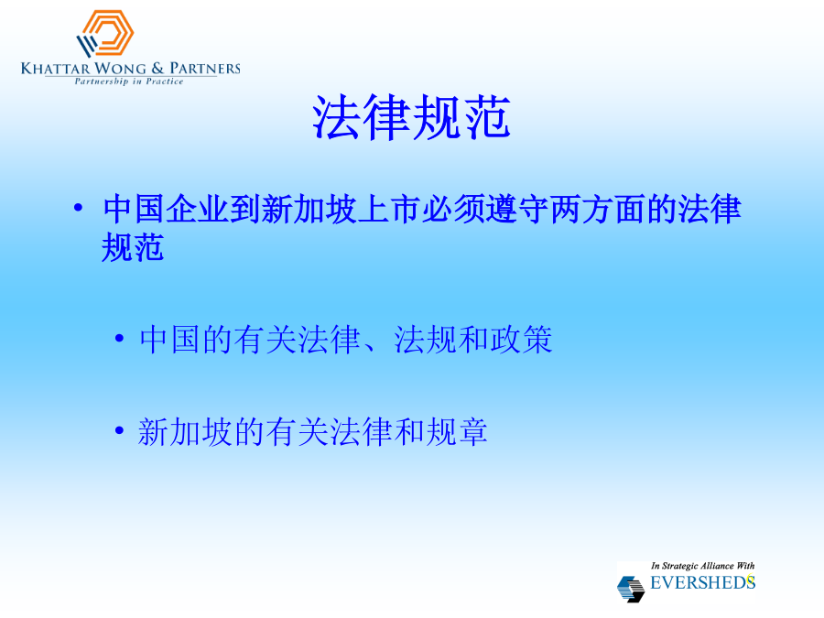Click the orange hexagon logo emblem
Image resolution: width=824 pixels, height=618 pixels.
[105, 33]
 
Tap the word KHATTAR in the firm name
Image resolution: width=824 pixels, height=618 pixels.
[56, 69]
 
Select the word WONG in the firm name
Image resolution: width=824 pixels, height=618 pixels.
[120, 69]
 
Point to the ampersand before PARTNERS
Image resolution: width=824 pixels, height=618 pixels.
[157, 69]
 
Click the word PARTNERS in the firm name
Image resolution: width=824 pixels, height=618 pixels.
[205, 69]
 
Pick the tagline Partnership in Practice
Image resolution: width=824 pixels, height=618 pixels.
[129, 81]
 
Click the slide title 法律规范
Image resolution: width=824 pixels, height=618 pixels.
[411, 117]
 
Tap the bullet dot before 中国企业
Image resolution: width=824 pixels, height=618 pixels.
[79, 208]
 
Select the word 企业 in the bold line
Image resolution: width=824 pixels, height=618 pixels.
[198, 209]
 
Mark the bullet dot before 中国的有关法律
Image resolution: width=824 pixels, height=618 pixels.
[119, 339]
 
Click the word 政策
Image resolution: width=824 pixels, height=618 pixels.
[521, 340]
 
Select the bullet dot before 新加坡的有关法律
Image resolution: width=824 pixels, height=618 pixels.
[119, 431]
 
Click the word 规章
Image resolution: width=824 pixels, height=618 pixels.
[457, 432]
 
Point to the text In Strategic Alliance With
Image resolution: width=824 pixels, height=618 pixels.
[702, 566]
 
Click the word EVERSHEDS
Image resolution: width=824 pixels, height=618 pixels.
[702, 582]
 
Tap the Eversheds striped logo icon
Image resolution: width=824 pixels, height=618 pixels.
[631, 589]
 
